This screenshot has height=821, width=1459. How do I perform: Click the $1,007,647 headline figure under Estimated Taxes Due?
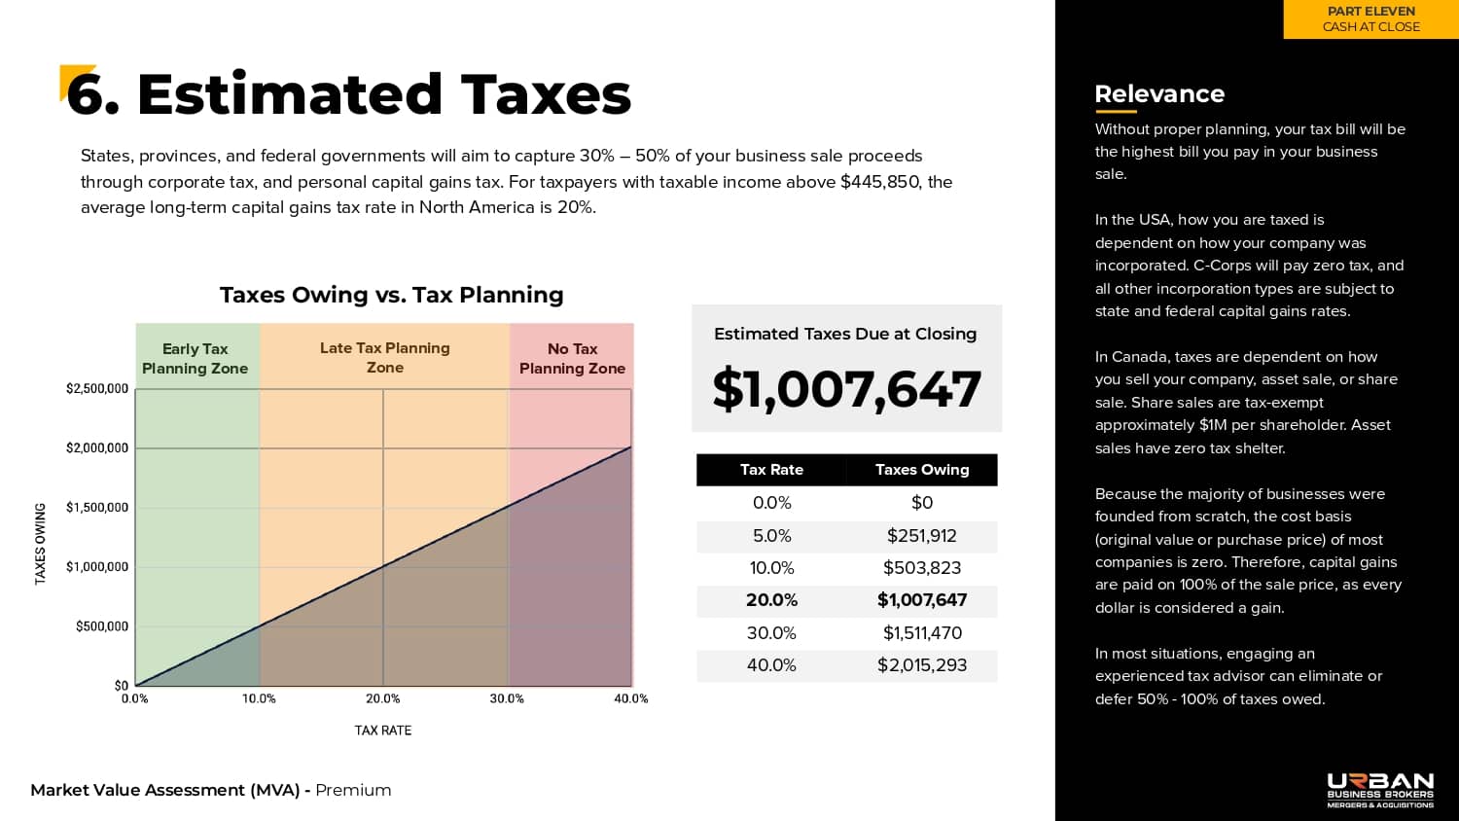(x=846, y=389)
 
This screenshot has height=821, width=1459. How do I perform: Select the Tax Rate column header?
(x=771, y=470)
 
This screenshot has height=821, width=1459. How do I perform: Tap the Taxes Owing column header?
(x=922, y=470)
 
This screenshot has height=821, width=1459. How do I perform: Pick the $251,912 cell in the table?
(x=922, y=536)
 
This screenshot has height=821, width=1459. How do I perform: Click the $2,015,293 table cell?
(x=922, y=665)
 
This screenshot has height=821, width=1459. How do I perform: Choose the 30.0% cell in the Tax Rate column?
(x=771, y=633)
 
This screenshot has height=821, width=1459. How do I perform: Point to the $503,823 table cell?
(x=922, y=568)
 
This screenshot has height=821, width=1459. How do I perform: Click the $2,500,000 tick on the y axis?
(x=97, y=389)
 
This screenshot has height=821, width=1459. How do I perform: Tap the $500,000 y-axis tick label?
(x=102, y=626)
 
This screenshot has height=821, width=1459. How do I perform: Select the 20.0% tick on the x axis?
(x=383, y=698)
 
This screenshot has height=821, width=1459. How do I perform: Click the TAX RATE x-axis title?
(x=383, y=731)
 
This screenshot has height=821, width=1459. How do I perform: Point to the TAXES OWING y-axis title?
(x=41, y=544)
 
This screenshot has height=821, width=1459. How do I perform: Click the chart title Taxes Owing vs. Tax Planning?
(x=392, y=295)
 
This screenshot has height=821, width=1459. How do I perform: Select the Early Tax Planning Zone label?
(x=196, y=359)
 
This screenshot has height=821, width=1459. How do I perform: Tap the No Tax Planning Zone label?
(x=572, y=359)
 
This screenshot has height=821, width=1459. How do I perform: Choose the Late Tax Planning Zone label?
(x=385, y=358)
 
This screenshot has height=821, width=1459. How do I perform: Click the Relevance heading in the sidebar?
(x=1159, y=94)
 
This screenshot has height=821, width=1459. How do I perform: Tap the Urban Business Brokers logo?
(x=1380, y=790)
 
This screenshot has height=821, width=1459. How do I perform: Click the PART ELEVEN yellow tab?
(x=1371, y=19)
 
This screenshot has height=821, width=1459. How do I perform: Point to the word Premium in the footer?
(x=353, y=790)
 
